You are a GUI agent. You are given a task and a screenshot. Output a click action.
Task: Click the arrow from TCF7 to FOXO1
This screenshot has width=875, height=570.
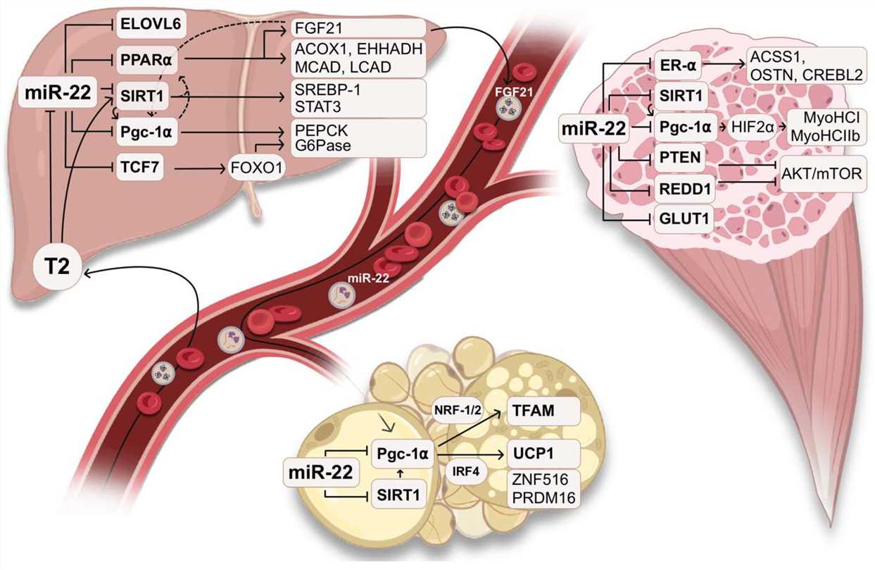click(200, 168)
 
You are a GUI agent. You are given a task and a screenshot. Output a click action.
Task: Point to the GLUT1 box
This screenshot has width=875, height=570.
click(684, 220)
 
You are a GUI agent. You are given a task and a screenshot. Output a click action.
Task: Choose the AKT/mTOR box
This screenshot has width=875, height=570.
click(822, 171)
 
